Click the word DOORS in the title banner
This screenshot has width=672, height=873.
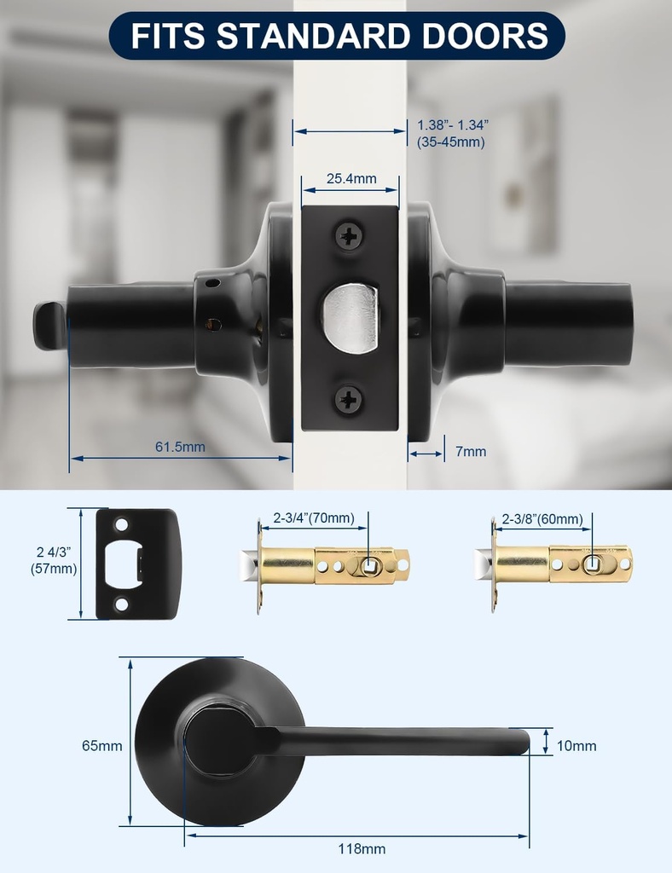[x=484, y=36]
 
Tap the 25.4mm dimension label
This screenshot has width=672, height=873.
[x=351, y=179]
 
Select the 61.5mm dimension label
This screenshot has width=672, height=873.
[x=180, y=447]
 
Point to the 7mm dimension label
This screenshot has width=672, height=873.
[x=471, y=451]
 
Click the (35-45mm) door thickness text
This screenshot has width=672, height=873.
[x=451, y=142]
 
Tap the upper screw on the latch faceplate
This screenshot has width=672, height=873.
[x=350, y=237]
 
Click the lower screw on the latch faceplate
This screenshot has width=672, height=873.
[x=349, y=399]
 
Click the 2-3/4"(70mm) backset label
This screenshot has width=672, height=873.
[x=314, y=518]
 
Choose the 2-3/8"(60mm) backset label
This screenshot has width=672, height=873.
[x=542, y=519]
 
